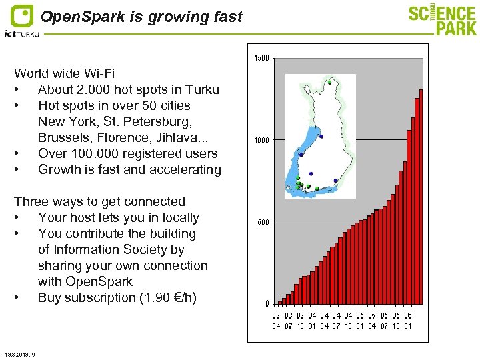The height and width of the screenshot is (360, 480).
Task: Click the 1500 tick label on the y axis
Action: click(x=261, y=58)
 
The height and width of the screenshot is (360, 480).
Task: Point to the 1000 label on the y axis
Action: click(x=261, y=140)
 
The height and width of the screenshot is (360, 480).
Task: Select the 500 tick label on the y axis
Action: click(x=263, y=222)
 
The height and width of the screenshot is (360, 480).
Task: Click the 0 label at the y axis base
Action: click(x=267, y=303)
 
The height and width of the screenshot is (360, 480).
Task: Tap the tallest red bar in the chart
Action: click(x=421, y=197)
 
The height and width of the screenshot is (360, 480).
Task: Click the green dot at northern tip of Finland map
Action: click(x=329, y=82)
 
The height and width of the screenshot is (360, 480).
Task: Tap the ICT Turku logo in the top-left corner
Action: click(x=21, y=21)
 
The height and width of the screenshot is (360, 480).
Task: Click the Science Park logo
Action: click(x=443, y=20)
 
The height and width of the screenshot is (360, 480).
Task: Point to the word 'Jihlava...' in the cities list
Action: click(x=185, y=137)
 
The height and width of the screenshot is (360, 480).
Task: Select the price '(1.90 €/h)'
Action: click(x=163, y=297)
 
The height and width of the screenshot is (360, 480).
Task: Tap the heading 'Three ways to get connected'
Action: click(x=99, y=201)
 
